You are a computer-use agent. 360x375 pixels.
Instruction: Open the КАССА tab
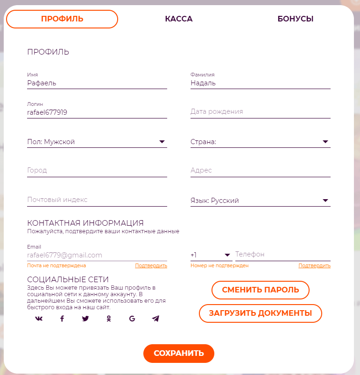click(x=179, y=19)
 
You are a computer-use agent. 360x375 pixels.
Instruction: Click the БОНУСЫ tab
click(x=295, y=19)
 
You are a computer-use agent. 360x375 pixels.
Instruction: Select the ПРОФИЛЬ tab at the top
click(x=62, y=19)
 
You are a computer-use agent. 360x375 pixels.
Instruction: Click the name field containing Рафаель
click(x=97, y=83)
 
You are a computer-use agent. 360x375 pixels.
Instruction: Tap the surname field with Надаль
click(x=260, y=83)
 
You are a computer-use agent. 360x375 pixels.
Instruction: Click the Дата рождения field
click(x=260, y=112)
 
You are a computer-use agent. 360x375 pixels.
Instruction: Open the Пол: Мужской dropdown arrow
click(x=162, y=142)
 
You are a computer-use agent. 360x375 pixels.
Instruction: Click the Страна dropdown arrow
click(x=325, y=142)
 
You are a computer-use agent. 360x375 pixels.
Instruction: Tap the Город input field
click(x=97, y=171)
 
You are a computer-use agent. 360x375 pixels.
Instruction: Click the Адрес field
click(x=260, y=171)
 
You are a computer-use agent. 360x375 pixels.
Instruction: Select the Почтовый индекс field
click(x=97, y=200)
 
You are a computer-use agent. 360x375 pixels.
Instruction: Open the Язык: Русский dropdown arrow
click(x=325, y=201)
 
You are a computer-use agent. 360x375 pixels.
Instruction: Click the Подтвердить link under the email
click(x=151, y=266)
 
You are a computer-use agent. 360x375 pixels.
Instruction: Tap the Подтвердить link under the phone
click(x=314, y=266)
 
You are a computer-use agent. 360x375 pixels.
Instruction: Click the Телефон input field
click(x=282, y=255)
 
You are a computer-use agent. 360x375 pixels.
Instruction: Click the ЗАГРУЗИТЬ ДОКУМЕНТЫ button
click(x=261, y=313)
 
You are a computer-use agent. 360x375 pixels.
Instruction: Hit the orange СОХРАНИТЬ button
click(x=179, y=353)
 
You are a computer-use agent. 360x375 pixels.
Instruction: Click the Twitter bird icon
click(x=85, y=319)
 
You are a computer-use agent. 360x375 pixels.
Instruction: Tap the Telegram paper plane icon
click(x=155, y=319)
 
